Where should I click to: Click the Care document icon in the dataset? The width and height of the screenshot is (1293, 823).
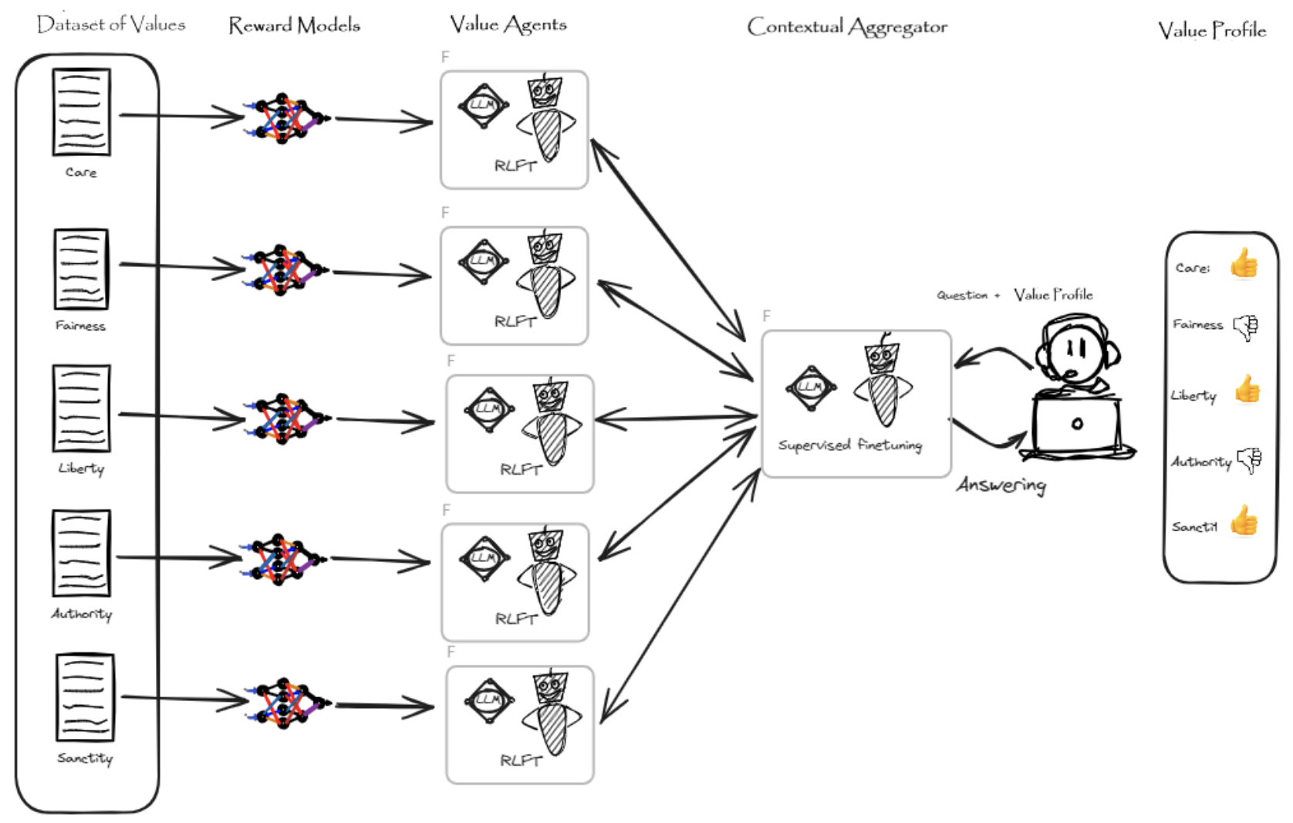tap(81, 112)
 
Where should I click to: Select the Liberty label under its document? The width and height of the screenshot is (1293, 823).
tap(81, 469)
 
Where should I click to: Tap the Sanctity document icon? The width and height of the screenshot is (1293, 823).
tap(85, 697)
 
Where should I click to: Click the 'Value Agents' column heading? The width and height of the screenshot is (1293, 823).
tap(508, 25)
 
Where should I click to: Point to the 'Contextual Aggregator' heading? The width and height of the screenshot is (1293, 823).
tap(846, 27)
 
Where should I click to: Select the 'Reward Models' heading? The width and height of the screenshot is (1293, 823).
tap(294, 25)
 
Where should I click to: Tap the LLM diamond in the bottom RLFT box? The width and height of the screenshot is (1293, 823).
tap(488, 700)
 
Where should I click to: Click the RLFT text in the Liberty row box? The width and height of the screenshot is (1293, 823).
tap(521, 469)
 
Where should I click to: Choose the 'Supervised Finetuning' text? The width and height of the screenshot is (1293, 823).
tap(849, 445)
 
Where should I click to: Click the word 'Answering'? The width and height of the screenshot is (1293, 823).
tap(1001, 485)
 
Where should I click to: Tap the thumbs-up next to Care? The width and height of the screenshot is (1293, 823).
tap(1244, 264)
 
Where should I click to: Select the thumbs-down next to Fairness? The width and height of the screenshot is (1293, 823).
tap(1245, 327)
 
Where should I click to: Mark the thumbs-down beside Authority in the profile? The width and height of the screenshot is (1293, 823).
tap(1249, 461)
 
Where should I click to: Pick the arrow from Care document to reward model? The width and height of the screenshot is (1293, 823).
tap(181, 116)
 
